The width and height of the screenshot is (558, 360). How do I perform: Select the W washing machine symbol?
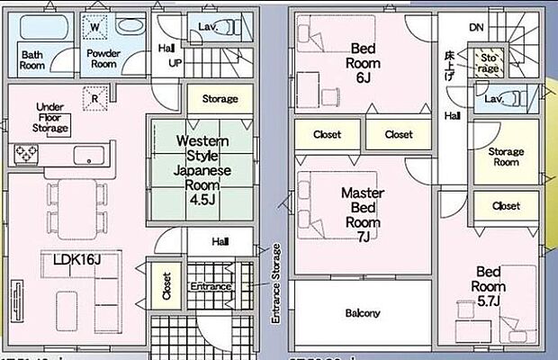(94, 27)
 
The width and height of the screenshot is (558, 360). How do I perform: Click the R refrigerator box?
(94, 95)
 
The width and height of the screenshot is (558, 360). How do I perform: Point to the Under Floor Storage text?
(50, 118)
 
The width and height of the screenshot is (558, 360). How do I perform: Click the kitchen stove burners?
(24, 156)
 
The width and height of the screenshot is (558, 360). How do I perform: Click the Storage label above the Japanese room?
(220, 99)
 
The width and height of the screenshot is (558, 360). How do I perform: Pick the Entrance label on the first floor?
(210, 287)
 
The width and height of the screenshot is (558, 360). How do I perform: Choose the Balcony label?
(363, 313)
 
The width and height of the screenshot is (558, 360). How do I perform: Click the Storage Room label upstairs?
(506, 157)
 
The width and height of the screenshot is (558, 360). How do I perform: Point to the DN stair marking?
(476, 28)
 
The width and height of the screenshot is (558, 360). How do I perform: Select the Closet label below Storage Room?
(506, 206)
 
